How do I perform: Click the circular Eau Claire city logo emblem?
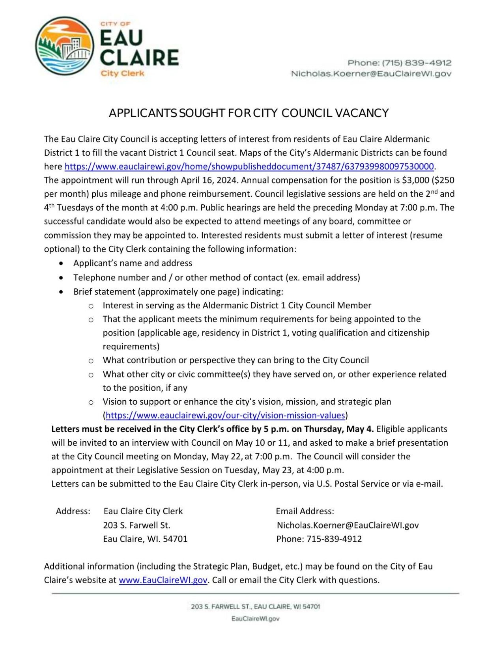pos(65,46)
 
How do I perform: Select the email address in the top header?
pos(371,74)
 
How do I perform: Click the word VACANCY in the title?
pos(362,113)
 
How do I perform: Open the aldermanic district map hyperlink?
pos(249,166)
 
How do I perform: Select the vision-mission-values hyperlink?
pos(225,415)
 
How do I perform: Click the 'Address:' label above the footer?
pos(73,511)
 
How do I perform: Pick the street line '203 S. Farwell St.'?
pos(136,525)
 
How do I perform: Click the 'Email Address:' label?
pos(305,511)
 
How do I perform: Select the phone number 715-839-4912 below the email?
pos(334,539)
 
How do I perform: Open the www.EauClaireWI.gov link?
pos(163,580)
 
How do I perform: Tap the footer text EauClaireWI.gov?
pos(255,618)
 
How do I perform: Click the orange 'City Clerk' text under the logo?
pos(122,73)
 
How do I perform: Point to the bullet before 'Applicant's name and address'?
pos(61,263)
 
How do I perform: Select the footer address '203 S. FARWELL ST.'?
pos(221,607)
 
